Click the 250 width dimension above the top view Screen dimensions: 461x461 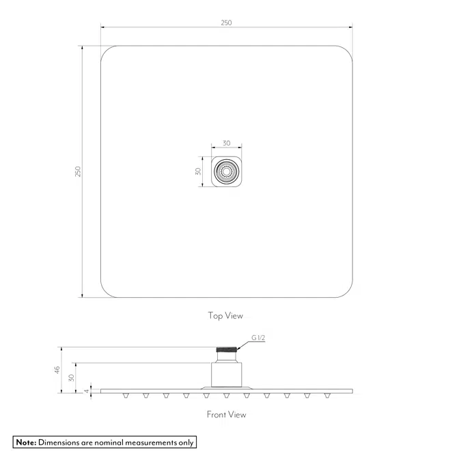click(226, 23)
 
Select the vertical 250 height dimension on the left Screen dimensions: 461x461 click(78, 171)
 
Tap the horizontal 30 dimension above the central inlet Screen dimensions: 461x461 click(226, 143)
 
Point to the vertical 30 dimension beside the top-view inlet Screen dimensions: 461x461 click(198, 171)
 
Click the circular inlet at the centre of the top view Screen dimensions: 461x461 click(226, 172)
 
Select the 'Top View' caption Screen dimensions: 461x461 click(225, 316)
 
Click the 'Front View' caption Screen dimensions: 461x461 click(226, 415)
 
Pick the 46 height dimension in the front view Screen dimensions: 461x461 click(58, 369)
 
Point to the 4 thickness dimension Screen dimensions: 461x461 click(86, 391)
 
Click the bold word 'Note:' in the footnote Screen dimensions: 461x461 click(26, 443)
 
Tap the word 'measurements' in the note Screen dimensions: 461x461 click(150, 443)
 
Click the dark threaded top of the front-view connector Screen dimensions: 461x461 click(226, 352)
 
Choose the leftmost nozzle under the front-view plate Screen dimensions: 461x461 click(126, 395)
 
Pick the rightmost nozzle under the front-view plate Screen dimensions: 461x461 click(326, 395)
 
